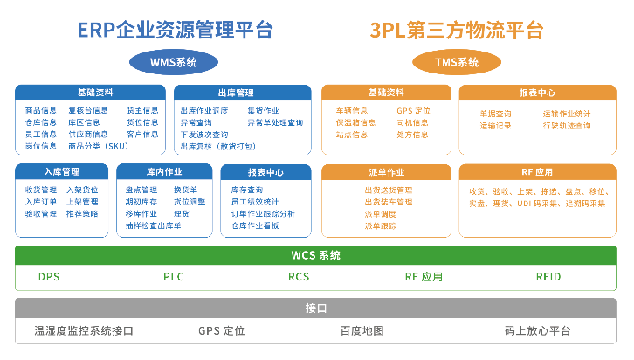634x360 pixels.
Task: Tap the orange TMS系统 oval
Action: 457,62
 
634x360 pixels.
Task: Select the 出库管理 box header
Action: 242,92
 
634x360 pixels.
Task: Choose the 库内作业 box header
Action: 163,171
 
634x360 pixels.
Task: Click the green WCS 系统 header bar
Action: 316,255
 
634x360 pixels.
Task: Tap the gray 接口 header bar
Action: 316,308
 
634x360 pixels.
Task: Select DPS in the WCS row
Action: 50,277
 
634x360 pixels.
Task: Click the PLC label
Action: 174,277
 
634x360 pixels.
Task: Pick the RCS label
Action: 299,277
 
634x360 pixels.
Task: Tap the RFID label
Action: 548,277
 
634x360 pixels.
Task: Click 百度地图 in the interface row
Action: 362,331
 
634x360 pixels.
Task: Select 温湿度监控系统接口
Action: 84,331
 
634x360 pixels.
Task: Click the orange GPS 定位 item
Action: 413,112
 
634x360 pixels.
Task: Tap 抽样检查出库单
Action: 153,225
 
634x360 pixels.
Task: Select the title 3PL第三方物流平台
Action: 457,31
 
